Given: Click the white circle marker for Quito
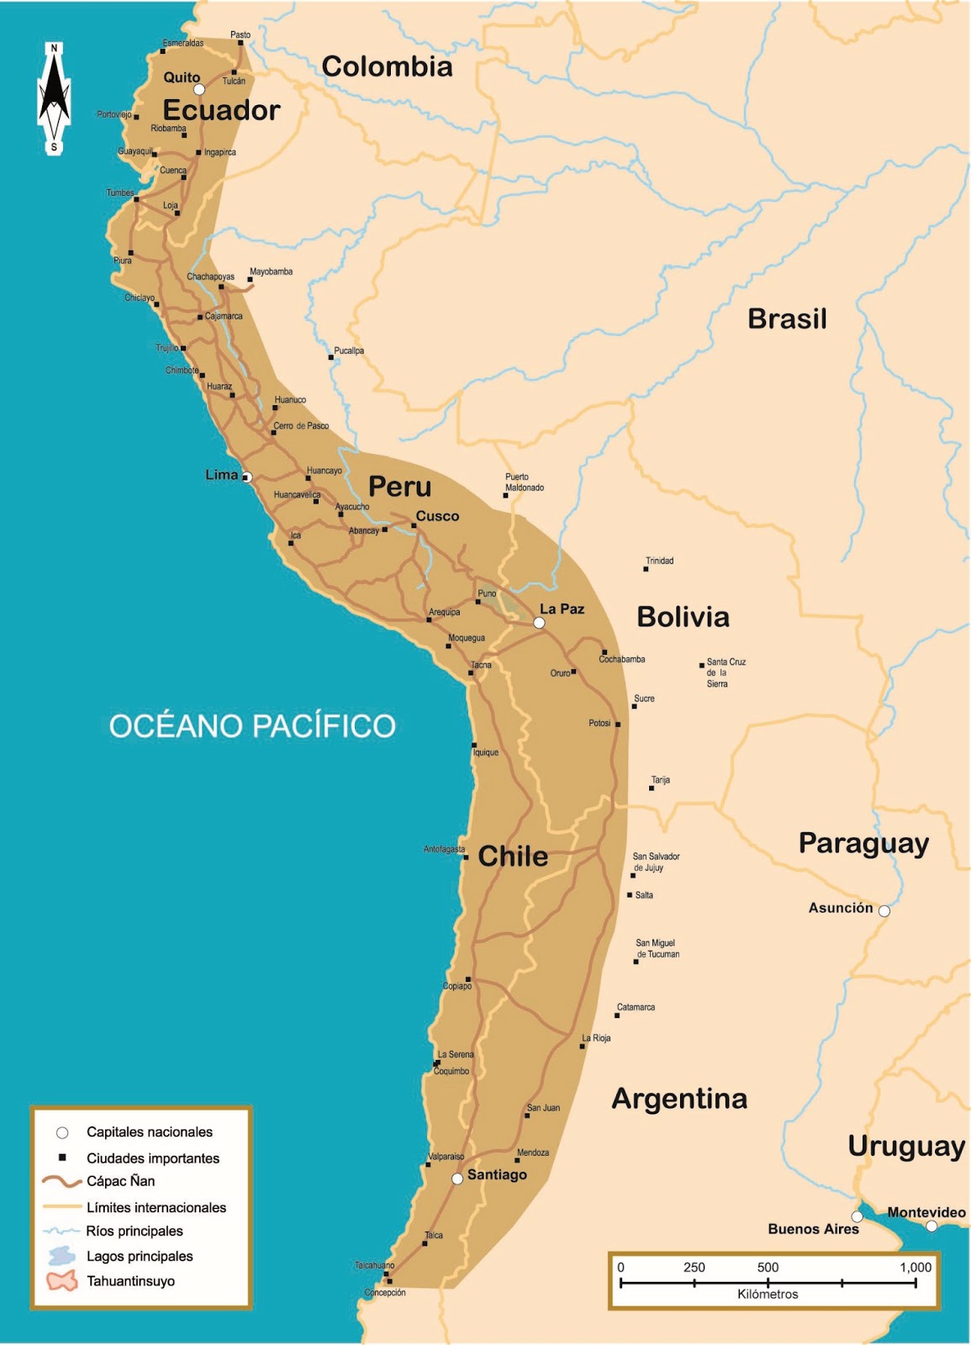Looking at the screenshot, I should coord(199,89).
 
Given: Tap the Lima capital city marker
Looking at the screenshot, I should coord(247,477).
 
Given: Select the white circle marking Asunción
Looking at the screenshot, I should coord(884,910).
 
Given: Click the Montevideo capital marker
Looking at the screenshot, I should coord(931,1226).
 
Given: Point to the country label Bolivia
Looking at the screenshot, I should coord(683,617).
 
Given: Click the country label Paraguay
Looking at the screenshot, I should coord(863,843).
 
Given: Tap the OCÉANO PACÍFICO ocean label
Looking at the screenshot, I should coord(252,725).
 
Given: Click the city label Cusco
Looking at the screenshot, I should coord(437,516).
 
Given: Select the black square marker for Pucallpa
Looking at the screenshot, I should coord(330,357).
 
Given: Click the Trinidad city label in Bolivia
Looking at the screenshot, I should coord(659,561).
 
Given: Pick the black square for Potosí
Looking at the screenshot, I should coord(618,724).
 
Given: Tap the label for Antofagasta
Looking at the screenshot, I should coord(444,849).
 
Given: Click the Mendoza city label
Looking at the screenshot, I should coord(533,1152).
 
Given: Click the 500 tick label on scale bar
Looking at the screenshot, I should coord(768,1268).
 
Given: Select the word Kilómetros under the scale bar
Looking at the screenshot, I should coord(768,1294).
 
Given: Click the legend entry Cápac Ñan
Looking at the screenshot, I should coord(120,1181).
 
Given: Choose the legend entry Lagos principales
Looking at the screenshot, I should coord(140,1256).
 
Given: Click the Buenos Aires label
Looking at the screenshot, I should coord(813,1229).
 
